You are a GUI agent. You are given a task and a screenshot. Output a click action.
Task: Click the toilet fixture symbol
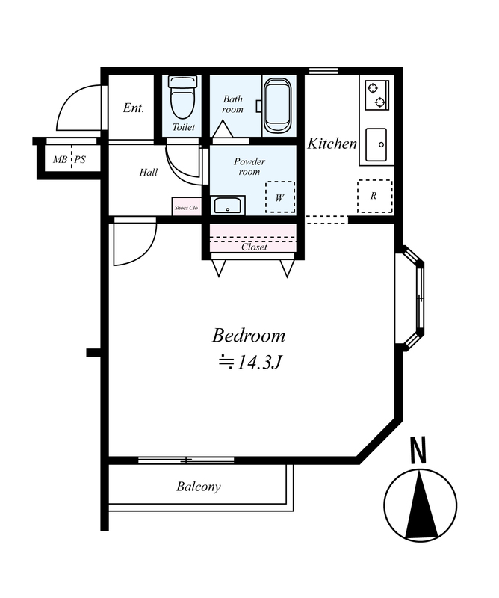coord(183,97)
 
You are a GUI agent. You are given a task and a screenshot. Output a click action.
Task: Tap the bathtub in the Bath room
coord(278,105)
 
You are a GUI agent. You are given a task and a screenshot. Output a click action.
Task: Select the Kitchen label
coord(332,144)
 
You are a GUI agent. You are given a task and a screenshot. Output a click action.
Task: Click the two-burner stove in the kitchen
coord(376,95)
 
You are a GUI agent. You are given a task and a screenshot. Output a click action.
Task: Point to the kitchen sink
coord(376,145)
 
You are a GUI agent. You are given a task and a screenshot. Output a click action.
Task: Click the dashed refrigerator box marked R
coord(375,197)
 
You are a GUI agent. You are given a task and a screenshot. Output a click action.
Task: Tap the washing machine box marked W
coord(280,197)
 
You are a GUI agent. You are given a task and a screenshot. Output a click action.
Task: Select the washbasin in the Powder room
coord(229,205)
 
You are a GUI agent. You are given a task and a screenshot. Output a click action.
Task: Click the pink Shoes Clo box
coord(186,206)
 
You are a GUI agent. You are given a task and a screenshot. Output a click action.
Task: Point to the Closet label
coord(254,247)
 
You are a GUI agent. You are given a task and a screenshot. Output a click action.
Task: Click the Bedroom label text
coord(249,336)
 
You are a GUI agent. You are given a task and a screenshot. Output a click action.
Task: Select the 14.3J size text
coord(249,362)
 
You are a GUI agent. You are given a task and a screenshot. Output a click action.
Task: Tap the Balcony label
coord(199,487)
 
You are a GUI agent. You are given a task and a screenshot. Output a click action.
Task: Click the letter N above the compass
coord(418,450)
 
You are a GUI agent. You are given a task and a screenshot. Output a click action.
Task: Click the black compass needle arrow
coord(421,505)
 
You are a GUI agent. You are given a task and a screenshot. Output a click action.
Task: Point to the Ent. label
coord(134,108)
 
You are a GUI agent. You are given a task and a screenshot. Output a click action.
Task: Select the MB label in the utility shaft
coord(60,159)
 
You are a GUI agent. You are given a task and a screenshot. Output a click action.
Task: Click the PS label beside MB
coord(80,159)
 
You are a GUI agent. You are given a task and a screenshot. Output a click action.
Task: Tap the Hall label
coord(149,173)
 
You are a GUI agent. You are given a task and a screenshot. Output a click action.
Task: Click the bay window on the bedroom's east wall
coord(412,298)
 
